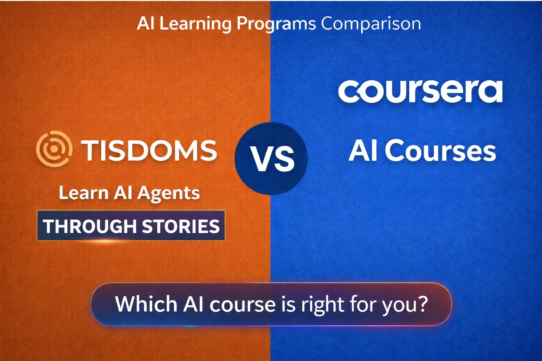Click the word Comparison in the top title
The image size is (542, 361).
[x=371, y=24]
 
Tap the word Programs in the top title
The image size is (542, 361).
[x=276, y=24]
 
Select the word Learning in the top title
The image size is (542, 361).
[x=195, y=24]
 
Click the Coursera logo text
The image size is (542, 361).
[x=420, y=92]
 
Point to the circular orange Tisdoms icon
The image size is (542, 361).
[x=54, y=149]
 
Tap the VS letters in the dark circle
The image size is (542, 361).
[x=272, y=159]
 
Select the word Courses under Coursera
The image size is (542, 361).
[x=440, y=151]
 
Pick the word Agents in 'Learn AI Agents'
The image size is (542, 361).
[x=169, y=194]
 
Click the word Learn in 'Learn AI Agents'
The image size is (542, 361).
[x=83, y=193]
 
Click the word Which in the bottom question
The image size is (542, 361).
[x=146, y=304]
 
